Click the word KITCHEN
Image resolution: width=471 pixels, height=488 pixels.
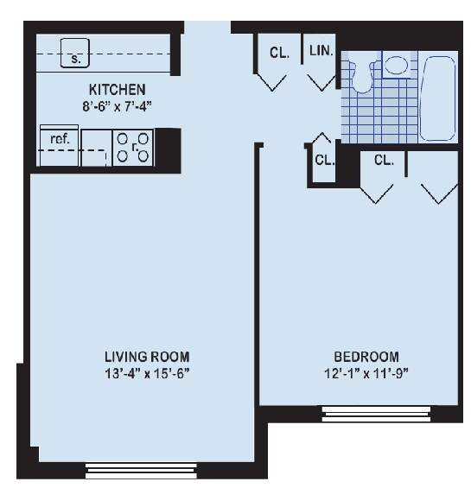point(117,90)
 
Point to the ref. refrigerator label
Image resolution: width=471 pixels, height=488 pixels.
point(60,136)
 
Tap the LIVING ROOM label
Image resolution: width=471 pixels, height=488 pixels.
point(146,357)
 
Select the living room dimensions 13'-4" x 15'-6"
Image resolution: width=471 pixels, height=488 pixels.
point(146,373)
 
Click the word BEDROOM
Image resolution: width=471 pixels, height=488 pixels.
point(366,357)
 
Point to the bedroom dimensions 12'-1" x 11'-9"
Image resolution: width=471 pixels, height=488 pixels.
point(366,373)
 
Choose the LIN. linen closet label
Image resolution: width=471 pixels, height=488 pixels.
point(321,51)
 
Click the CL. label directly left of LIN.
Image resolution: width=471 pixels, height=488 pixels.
point(278,52)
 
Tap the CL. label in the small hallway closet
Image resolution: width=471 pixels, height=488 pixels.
point(324,159)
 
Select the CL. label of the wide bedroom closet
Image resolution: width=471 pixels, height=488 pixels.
point(384,160)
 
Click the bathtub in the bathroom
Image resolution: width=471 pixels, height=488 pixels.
point(439,98)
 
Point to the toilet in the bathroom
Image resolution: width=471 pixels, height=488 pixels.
point(362,73)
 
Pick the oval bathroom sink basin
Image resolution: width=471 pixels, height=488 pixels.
point(397,65)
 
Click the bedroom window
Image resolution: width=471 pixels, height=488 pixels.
point(376,412)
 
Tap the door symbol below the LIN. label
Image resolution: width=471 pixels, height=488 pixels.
point(321,80)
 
